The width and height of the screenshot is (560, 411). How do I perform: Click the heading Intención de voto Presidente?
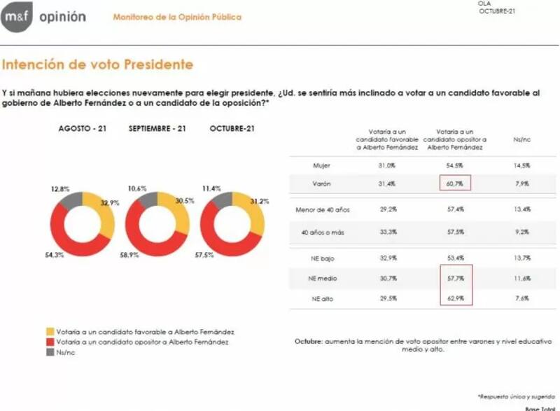98,65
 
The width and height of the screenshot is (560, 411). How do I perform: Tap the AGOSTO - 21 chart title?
81,129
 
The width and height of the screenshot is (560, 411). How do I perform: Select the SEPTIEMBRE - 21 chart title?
157,129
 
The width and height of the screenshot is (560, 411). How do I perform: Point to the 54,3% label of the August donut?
54,255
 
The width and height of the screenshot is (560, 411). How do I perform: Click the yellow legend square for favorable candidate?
50,331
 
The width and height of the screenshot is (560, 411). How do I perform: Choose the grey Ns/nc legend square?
50,352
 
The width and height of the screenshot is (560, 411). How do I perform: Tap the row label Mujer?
322,165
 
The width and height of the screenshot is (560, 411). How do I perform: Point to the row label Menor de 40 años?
321,209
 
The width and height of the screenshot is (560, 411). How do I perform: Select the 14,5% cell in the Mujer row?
520,165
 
